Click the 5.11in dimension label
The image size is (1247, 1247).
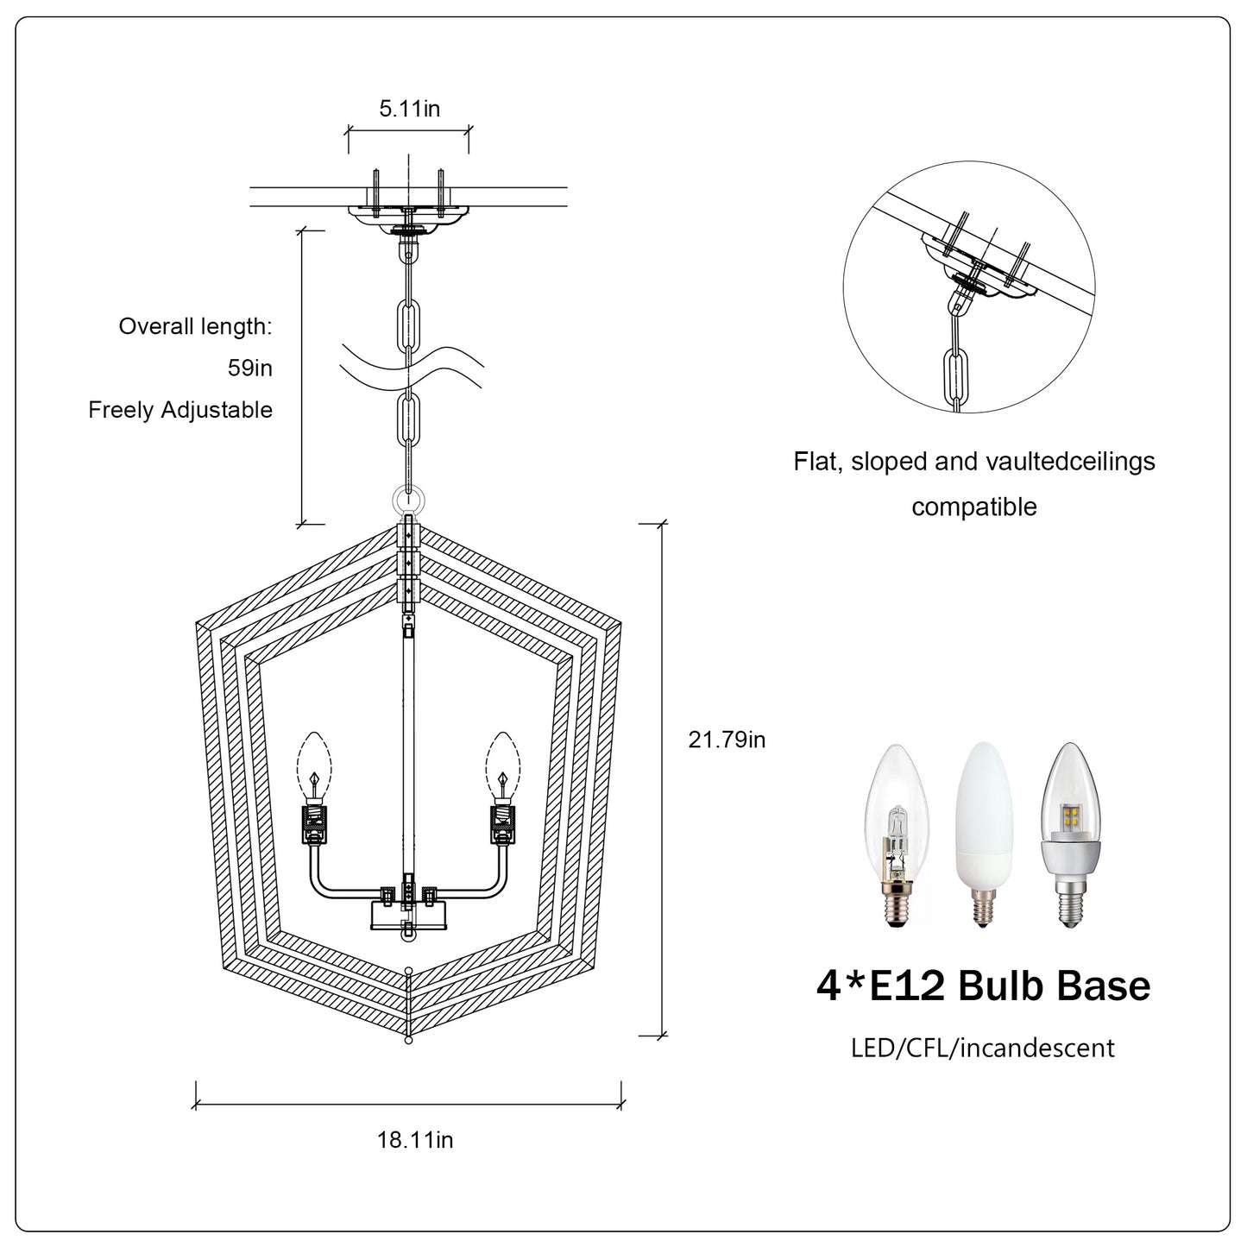409,109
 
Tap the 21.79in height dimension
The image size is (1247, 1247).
727,740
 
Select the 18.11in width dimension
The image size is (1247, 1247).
414,1139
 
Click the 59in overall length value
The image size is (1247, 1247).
249,368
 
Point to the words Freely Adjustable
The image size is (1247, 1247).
180,410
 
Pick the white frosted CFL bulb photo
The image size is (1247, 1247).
981,833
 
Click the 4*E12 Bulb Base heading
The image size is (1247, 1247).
983,986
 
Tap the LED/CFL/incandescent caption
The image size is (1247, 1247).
982,1048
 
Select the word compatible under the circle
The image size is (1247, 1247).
973,507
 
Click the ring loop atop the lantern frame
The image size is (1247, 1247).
408,500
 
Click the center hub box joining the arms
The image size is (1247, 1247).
408,913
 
